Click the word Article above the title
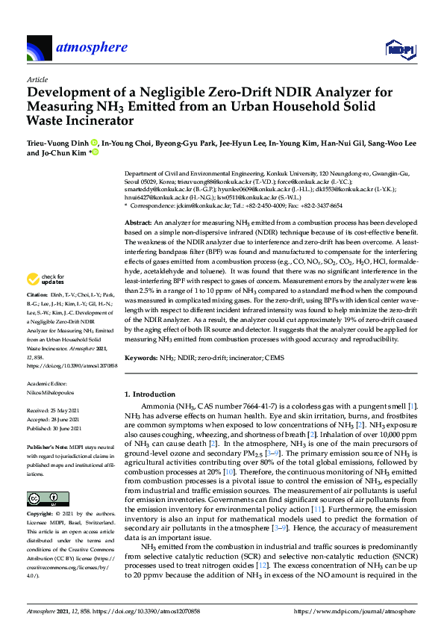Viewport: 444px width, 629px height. click(37, 78)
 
